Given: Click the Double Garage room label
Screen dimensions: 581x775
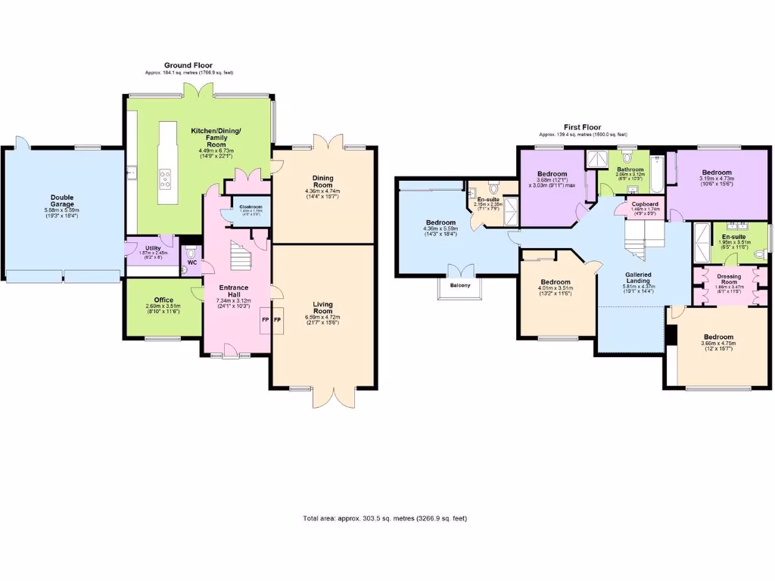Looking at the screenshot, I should (x=62, y=201).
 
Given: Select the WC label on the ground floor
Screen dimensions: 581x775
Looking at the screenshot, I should (x=191, y=263).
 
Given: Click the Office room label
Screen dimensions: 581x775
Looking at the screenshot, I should (x=163, y=300).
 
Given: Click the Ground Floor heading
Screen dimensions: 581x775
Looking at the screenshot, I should (x=188, y=66).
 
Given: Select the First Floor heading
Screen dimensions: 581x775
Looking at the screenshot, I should (x=581, y=127).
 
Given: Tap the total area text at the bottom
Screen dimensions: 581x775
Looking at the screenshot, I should (x=384, y=518).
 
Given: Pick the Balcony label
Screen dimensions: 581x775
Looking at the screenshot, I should (x=460, y=284).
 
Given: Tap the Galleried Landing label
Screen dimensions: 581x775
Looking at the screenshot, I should (x=633, y=278).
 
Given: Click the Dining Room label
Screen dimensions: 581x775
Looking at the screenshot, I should (x=322, y=182).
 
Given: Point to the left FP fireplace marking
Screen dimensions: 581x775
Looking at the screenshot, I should (x=266, y=321).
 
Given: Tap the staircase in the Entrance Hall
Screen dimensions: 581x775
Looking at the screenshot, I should (x=241, y=257).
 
